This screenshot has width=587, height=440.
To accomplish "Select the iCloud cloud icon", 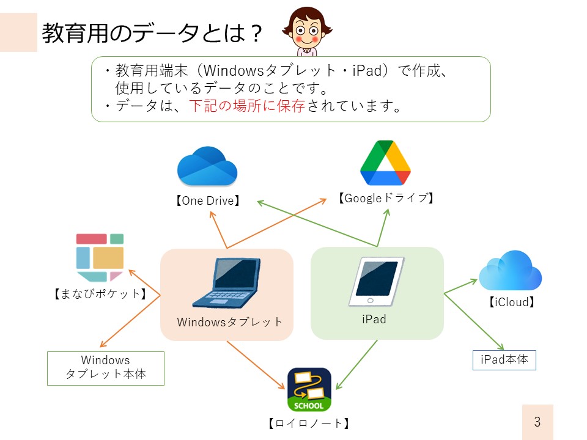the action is (x=510, y=271).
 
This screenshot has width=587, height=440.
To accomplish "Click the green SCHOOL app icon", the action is (x=309, y=389).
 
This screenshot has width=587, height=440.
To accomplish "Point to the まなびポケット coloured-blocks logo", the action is (x=100, y=257).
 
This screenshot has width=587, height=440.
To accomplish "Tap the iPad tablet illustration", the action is (x=376, y=281).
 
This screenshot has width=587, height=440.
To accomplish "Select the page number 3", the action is (x=537, y=422).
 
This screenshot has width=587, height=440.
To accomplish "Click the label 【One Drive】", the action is (x=208, y=201).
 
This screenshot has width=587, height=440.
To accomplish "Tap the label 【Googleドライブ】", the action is (x=386, y=198).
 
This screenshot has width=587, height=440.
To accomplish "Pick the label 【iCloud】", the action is (x=511, y=302).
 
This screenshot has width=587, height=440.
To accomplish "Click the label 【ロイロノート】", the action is (x=309, y=423).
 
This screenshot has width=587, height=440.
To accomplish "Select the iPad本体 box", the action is (x=504, y=360).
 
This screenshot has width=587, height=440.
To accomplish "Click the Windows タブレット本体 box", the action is (x=106, y=368).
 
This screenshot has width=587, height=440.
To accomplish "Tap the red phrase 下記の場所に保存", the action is (x=247, y=106).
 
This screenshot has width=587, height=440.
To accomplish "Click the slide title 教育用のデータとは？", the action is (x=152, y=33).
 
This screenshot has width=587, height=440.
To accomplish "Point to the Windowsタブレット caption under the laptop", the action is (x=229, y=322).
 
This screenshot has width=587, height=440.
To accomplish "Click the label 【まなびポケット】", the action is (x=100, y=294).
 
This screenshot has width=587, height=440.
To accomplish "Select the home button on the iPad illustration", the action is (x=371, y=301).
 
